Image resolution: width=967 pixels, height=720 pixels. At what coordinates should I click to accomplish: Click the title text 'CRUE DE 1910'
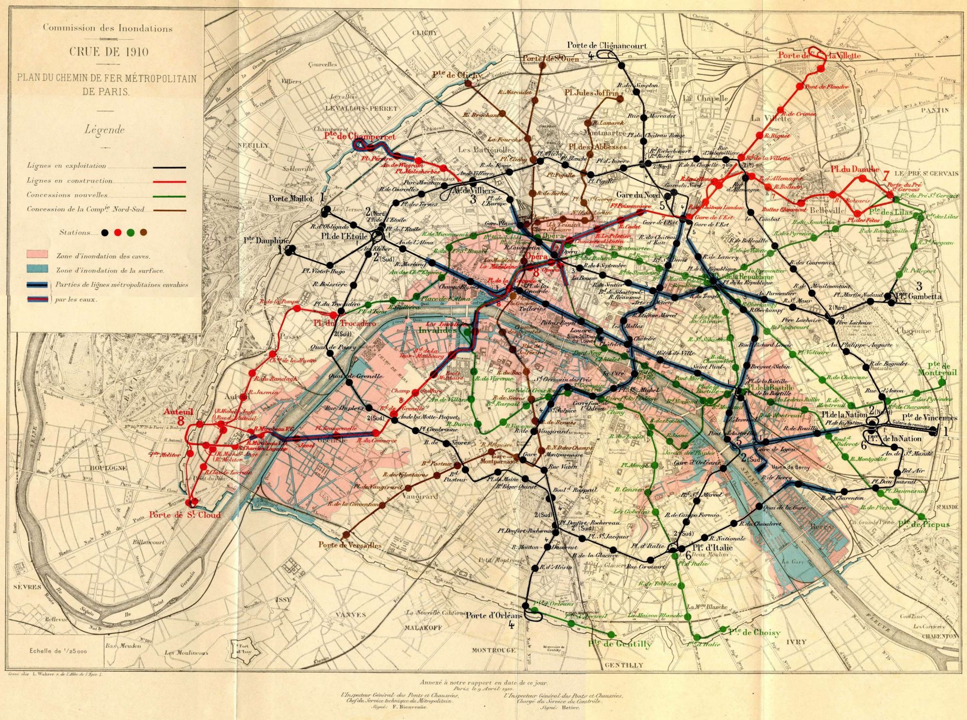point(108,51)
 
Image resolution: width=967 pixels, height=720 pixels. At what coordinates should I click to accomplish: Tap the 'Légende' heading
point(104,130)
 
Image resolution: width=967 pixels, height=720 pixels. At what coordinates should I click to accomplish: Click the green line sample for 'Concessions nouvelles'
point(169,196)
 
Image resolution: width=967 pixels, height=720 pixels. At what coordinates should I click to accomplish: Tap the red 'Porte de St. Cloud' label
point(185,515)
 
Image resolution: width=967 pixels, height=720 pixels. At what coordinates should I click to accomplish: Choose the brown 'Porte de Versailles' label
point(350,545)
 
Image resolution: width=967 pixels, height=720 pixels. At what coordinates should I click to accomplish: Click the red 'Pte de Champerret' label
point(360,137)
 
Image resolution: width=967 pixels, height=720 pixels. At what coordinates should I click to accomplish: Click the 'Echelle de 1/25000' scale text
point(58,650)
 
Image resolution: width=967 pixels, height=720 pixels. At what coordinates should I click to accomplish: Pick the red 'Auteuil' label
point(178,412)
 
